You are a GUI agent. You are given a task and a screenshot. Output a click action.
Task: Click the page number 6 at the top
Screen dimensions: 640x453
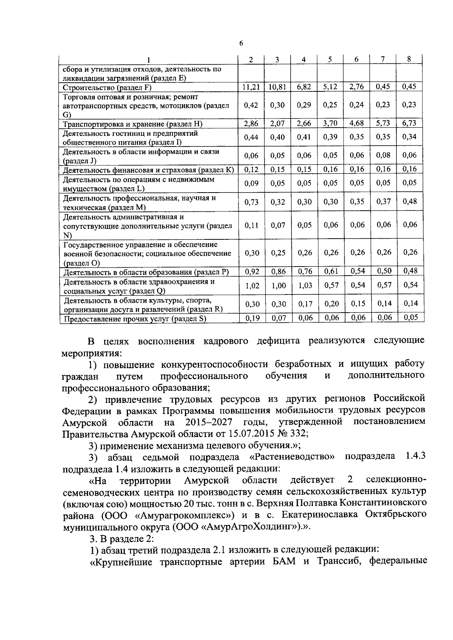pyautogui.click(x=241, y=43)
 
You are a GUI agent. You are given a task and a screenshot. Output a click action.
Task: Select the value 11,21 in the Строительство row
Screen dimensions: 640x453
pyautogui.click(x=251, y=87)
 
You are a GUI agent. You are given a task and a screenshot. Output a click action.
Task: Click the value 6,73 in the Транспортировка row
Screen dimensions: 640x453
pyautogui.click(x=410, y=123)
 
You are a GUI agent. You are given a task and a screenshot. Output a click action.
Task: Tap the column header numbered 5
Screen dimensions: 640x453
pyautogui.click(x=330, y=59)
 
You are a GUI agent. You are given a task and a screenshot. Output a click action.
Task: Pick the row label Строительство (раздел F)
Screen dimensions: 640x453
pyautogui.click(x=107, y=88)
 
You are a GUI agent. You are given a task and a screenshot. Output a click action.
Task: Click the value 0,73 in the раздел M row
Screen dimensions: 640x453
pyautogui.click(x=251, y=202)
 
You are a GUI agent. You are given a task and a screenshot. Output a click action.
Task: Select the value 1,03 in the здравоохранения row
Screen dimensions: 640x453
pyautogui.click(x=305, y=285)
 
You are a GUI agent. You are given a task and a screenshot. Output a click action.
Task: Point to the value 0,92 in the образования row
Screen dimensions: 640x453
pyautogui.click(x=251, y=271)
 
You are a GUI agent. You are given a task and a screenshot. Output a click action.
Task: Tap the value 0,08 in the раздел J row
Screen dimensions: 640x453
pyautogui.click(x=384, y=155)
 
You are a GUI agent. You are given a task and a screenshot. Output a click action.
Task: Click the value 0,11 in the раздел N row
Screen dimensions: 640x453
pyautogui.click(x=251, y=225)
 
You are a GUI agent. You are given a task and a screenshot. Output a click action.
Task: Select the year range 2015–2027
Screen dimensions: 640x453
pyautogui.click(x=208, y=422)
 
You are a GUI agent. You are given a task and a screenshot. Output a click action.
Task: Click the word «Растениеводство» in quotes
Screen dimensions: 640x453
pyautogui.click(x=292, y=457)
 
